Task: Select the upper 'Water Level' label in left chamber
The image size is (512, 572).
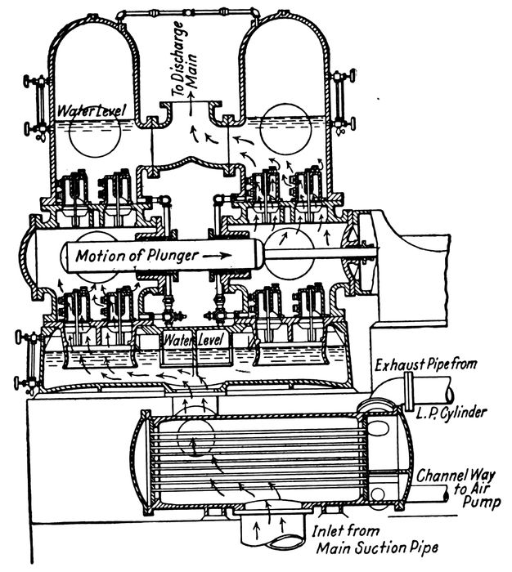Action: click(x=81, y=110)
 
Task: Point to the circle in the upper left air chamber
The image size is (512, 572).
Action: click(x=92, y=134)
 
